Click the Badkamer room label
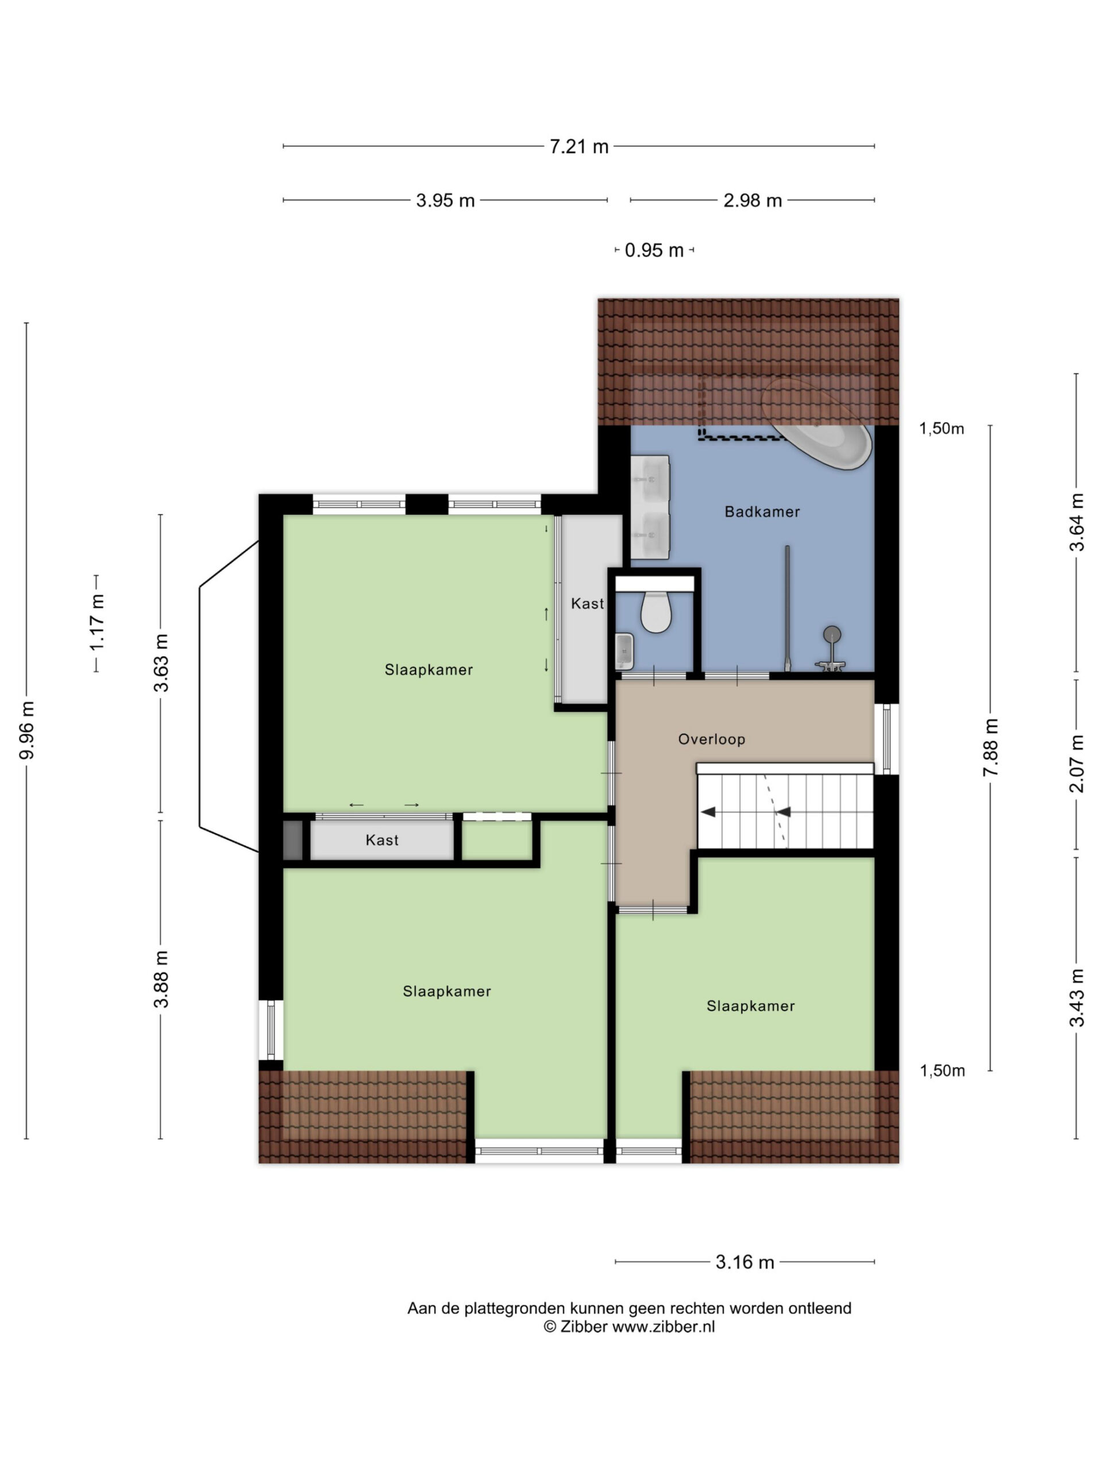pyautogui.click(x=762, y=511)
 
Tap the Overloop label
pyautogui.click(x=711, y=739)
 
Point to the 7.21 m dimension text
pyautogui.click(x=579, y=147)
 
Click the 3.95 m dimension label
pyautogui.click(x=445, y=200)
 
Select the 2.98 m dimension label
pyautogui.click(x=753, y=200)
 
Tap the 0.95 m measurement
pyautogui.click(x=654, y=250)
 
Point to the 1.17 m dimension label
pyautogui.click(x=97, y=622)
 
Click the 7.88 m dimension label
pyautogui.click(x=990, y=746)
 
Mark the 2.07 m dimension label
pyautogui.click(x=1077, y=764)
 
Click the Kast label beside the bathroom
pyautogui.click(x=588, y=603)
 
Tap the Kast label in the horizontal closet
pyautogui.click(x=382, y=840)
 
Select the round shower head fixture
pyautogui.click(x=832, y=634)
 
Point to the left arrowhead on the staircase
pyautogui.click(x=708, y=811)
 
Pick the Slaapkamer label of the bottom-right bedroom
pyautogui.click(x=751, y=1006)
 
